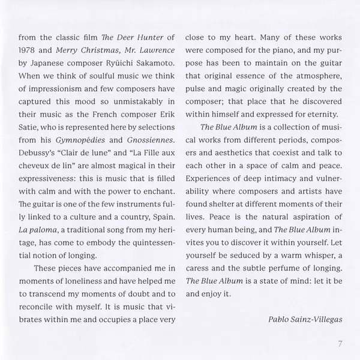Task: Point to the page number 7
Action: pyautogui.click(x=339, y=344)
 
